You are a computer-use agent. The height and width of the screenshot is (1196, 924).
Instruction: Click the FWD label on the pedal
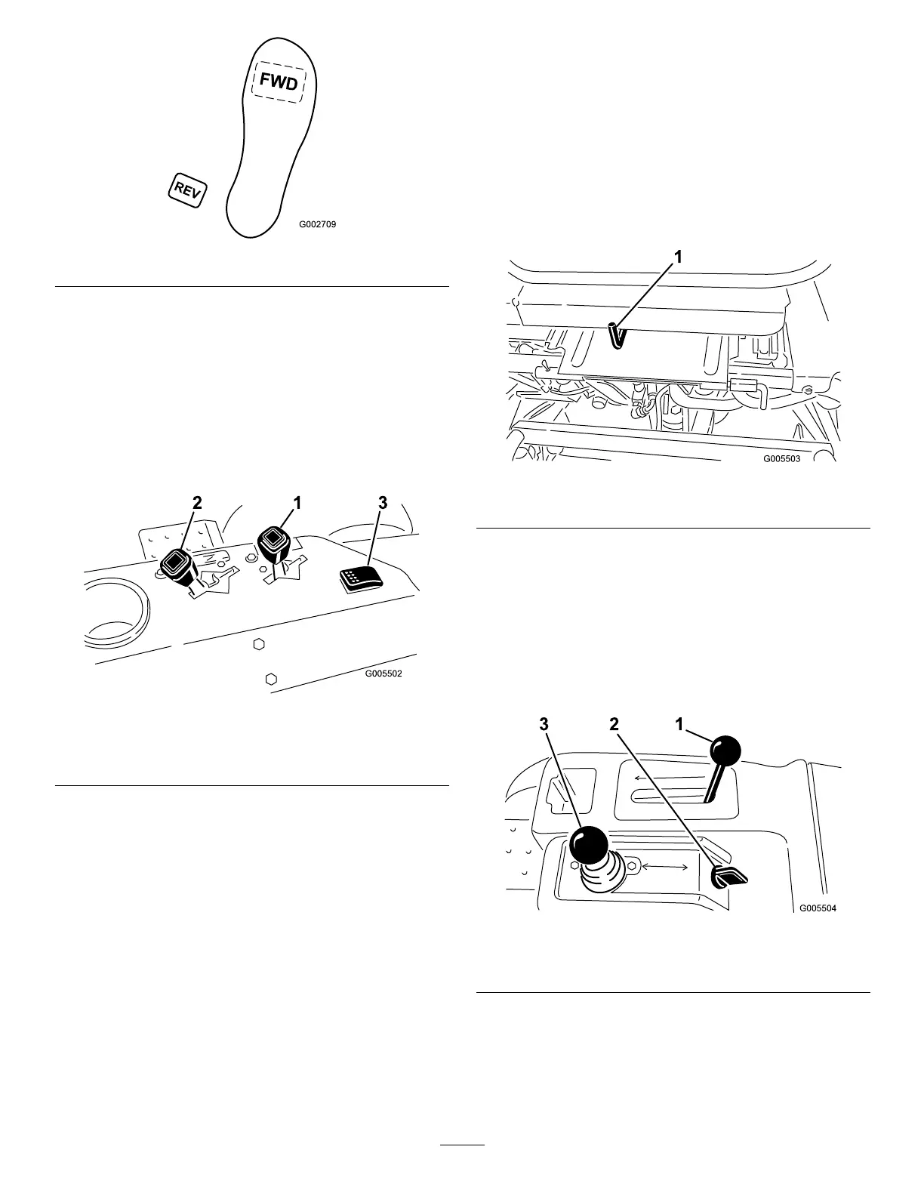(x=279, y=82)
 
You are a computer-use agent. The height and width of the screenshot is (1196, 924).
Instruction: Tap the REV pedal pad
(x=186, y=190)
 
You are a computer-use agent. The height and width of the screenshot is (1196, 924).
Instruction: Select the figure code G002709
(x=317, y=224)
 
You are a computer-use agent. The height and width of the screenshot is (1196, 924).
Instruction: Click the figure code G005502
(x=383, y=674)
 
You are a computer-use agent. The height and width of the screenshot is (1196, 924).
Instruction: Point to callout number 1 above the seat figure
(x=678, y=257)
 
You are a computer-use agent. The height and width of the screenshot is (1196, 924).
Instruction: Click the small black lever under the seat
(x=616, y=334)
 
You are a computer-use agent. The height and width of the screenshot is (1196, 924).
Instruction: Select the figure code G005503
(x=781, y=458)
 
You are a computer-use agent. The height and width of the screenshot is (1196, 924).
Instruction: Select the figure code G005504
(x=818, y=908)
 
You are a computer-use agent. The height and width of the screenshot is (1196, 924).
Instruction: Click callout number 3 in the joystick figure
(x=544, y=725)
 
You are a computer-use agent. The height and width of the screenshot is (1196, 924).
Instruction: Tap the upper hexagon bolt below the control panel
(x=258, y=644)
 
